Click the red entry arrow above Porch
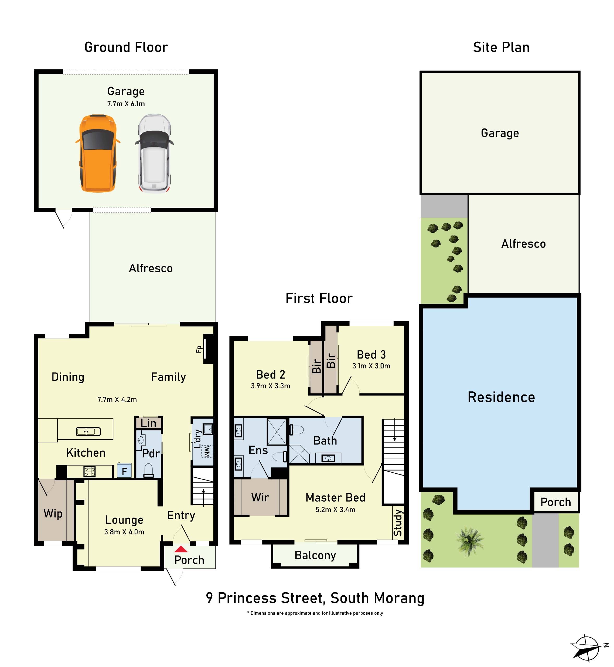181,549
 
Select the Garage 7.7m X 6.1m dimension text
126,104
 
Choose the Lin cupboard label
148,423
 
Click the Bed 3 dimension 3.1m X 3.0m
371,366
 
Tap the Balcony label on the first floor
315,555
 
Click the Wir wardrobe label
260,497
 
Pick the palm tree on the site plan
469,540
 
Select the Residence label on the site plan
501,397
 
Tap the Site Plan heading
501,47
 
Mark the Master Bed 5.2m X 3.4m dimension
335,510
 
